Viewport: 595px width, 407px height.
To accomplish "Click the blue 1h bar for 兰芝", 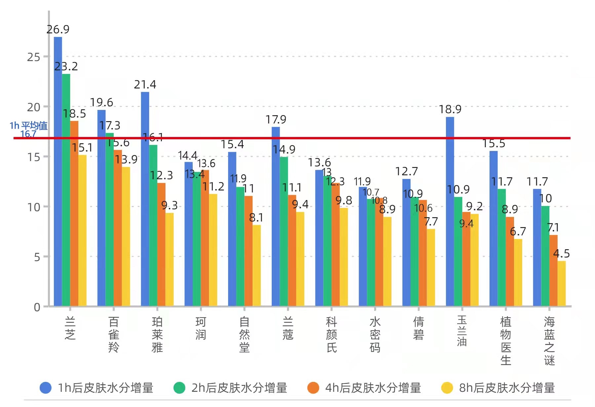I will [x=58, y=172].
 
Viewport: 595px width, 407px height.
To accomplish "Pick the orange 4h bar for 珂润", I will [x=205, y=238].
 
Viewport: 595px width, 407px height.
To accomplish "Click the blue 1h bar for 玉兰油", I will [x=450, y=211].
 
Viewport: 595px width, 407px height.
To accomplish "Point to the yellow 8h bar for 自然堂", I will [x=257, y=265].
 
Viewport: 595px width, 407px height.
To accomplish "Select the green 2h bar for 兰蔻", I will [x=284, y=231].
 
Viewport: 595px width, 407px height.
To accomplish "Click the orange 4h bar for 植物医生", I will [x=510, y=261].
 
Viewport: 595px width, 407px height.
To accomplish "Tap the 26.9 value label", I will [x=58, y=29].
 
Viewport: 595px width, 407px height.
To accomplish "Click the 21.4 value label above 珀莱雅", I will [x=145, y=85].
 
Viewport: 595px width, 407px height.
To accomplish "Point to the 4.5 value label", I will [x=561, y=254].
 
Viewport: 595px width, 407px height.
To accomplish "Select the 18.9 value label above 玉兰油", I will [x=450, y=109].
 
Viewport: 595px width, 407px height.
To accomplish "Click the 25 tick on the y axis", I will [x=33, y=57].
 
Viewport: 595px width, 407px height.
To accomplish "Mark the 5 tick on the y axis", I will [x=37, y=257].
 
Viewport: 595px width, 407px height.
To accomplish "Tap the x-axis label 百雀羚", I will [x=113, y=334].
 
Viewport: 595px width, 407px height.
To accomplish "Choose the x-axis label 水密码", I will [x=375, y=334].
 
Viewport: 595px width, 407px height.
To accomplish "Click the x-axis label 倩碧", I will [x=418, y=328].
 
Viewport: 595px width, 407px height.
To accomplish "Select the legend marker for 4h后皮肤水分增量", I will [x=313, y=388].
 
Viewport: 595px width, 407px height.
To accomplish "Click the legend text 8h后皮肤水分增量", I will [x=507, y=388].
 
